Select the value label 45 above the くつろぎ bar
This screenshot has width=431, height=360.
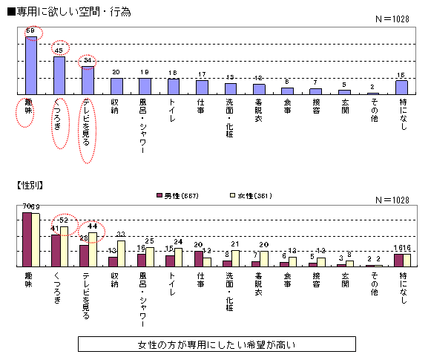tap(59, 50)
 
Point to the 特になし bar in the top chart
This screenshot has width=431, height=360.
tap(401, 88)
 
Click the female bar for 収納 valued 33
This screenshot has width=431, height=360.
tap(121, 253)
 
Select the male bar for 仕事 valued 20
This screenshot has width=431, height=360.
tap(198, 258)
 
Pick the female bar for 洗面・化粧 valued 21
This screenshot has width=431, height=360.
tap(236, 258)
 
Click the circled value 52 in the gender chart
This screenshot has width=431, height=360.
tap(65, 220)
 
